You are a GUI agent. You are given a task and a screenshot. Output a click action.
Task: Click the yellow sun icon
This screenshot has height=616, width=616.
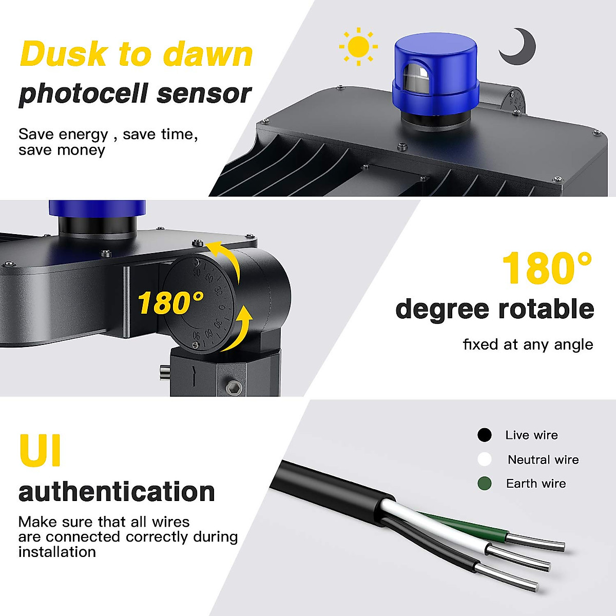pos(358,47)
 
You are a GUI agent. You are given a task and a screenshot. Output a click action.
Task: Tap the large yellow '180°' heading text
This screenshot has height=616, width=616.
pos(546,268)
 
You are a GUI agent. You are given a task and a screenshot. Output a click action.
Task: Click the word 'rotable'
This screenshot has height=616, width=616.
pos(546,310)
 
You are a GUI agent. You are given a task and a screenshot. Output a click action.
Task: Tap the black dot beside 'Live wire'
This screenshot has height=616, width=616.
pos(484,435)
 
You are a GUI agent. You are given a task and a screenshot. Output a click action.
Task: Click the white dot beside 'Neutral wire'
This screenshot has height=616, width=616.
pos(484,459)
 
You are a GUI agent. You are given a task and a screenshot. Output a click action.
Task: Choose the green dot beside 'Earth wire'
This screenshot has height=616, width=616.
pos(484,484)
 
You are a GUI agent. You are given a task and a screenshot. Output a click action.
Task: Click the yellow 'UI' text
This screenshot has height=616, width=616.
pos(40,450)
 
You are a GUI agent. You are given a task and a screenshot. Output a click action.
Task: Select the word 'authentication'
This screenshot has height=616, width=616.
pos(117,492)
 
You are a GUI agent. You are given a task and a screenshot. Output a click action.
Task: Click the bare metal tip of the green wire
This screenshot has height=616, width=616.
pos(536,542)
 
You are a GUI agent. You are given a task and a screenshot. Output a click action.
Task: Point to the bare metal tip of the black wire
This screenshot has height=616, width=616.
pos(508,577)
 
